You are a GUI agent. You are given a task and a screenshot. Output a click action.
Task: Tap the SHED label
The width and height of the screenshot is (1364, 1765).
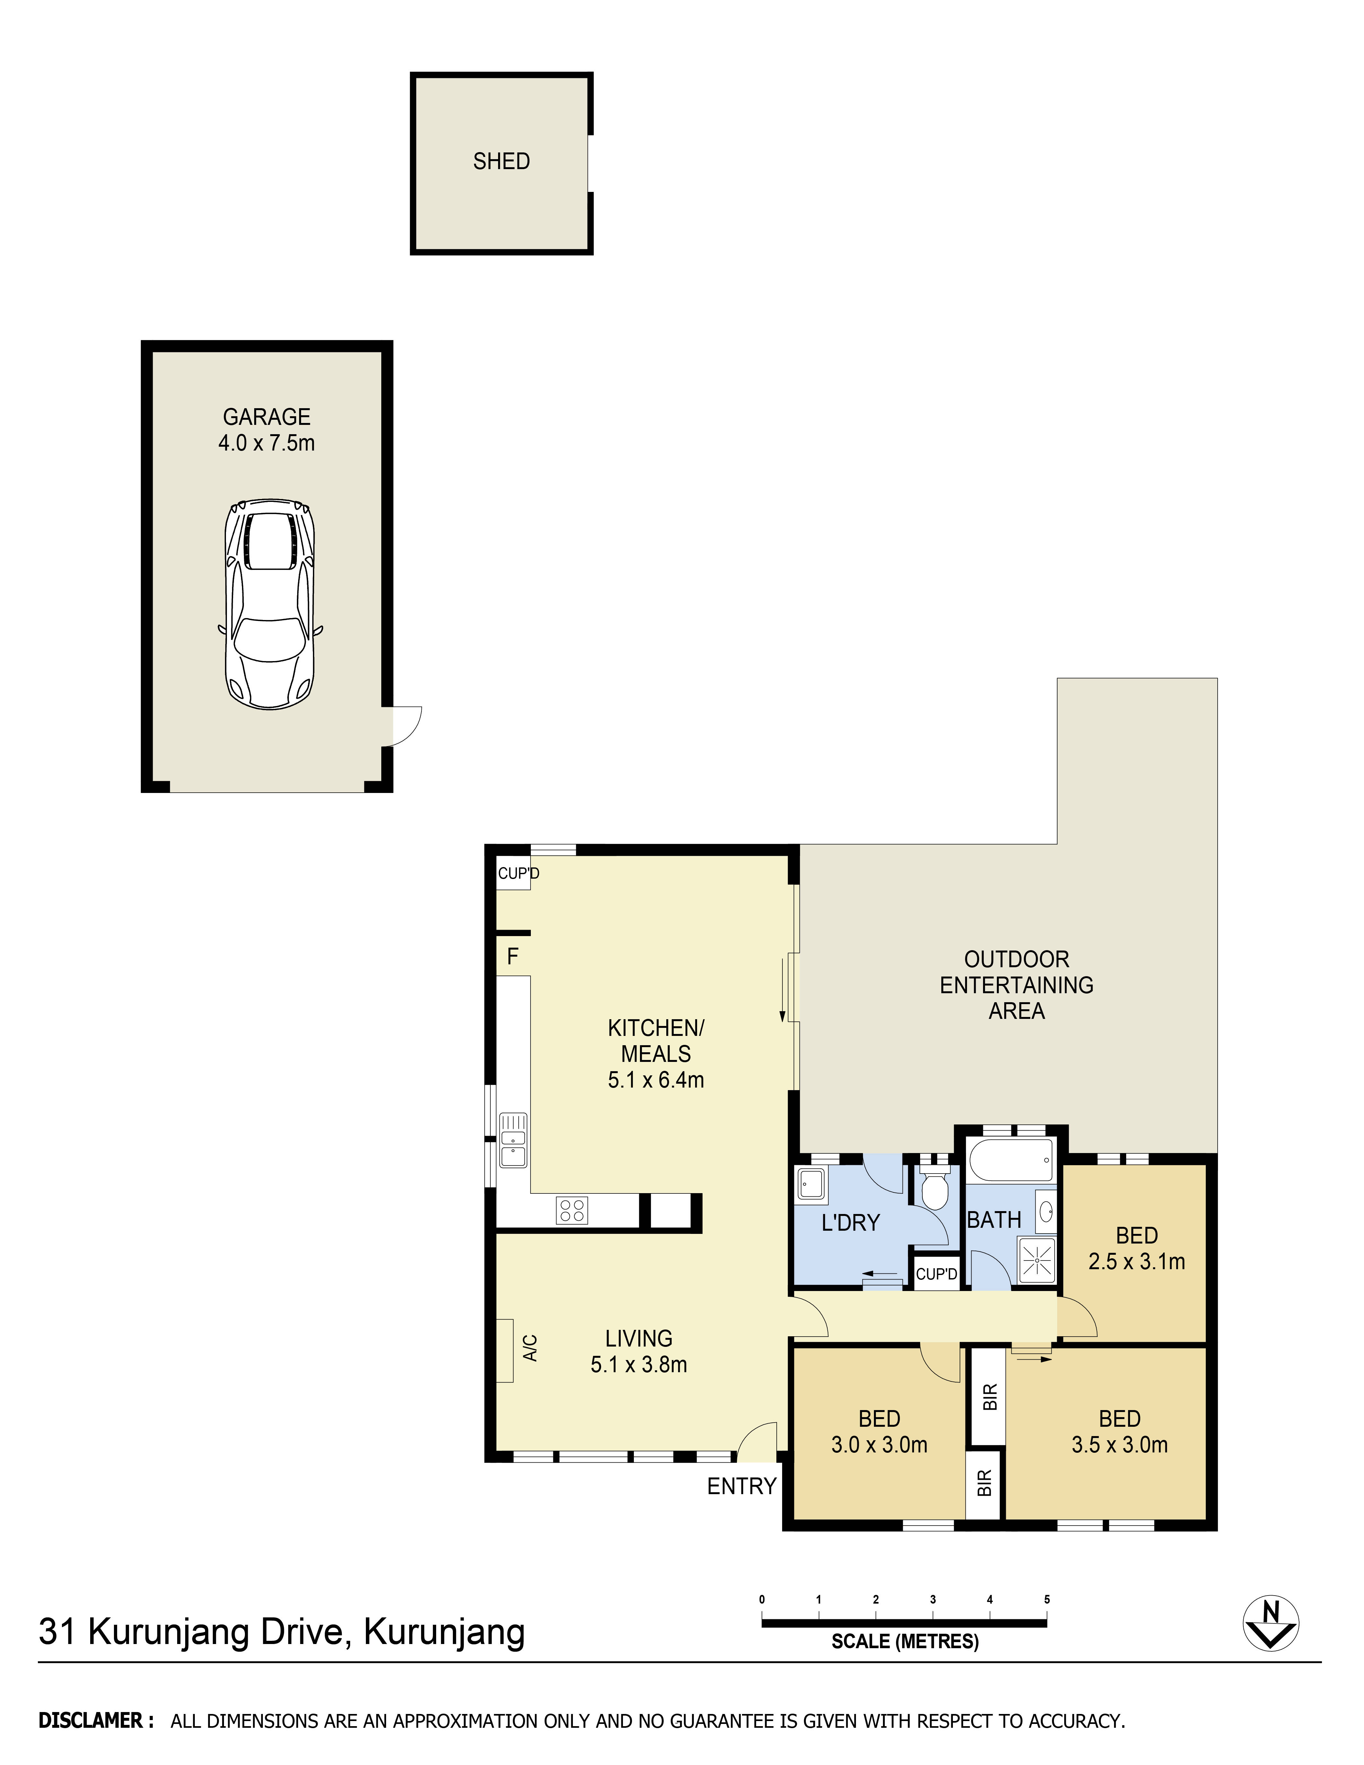[501, 162]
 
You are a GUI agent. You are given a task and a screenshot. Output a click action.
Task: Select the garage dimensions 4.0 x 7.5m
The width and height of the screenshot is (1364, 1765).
[267, 443]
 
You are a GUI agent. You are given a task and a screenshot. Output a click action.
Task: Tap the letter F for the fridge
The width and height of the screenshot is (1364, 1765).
[512, 957]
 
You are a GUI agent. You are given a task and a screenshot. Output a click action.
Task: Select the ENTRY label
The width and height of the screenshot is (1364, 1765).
[741, 1486]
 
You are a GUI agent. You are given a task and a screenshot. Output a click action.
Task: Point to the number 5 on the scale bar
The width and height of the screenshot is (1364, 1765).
[1047, 1599]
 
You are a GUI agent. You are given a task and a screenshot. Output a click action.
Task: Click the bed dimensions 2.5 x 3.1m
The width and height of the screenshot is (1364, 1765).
[1136, 1261]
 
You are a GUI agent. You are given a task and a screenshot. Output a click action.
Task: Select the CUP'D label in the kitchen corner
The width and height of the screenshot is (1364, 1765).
[518, 874]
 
